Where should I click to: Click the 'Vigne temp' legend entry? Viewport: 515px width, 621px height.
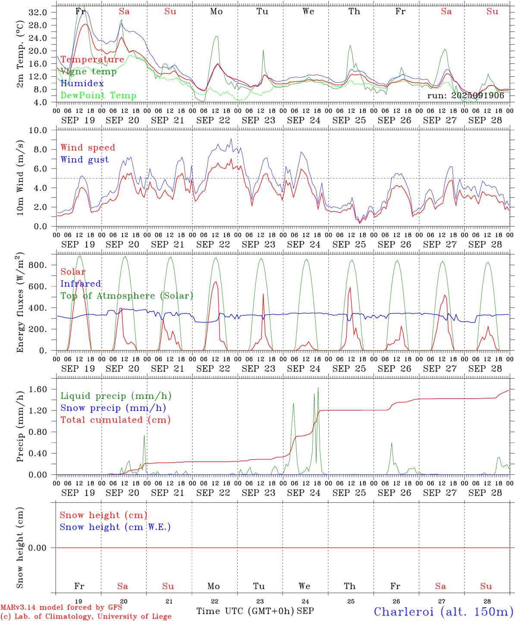pyautogui.click(x=88, y=72)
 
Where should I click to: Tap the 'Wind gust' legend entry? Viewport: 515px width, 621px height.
pyautogui.click(x=85, y=160)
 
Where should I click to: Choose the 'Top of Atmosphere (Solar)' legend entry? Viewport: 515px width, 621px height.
pyautogui.click(x=126, y=296)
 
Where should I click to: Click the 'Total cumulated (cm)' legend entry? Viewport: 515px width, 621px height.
pyautogui.click(x=115, y=420)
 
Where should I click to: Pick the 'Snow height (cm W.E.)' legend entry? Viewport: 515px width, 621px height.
pyautogui.click(x=115, y=527)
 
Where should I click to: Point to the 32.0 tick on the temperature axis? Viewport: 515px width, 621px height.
pyautogui.click(x=38, y=13)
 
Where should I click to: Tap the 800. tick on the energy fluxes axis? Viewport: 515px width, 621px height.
pyautogui.click(x=38, y=265)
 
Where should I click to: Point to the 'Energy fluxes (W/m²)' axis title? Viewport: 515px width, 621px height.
pyautogui.click(x=20, y=303)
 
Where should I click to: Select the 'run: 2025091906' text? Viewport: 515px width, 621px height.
pyautogui.click(x=465, y=95)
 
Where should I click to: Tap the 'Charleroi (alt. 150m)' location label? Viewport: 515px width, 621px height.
pyautogui.click(x=443, y=612)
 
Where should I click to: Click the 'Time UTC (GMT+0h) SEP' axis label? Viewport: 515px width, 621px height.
pyautogui.click(x=255, y=611)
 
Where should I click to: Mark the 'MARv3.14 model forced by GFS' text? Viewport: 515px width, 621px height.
pyautogui.click(x=61, y=608)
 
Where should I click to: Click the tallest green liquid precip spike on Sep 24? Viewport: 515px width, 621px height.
pyautogui.click(x=318, y=388)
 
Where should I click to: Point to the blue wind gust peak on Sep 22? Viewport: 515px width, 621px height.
pyautogui.click(x=231, y=139)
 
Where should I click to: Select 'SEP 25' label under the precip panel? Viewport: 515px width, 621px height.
pyautogui.click(x=349, y=492)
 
